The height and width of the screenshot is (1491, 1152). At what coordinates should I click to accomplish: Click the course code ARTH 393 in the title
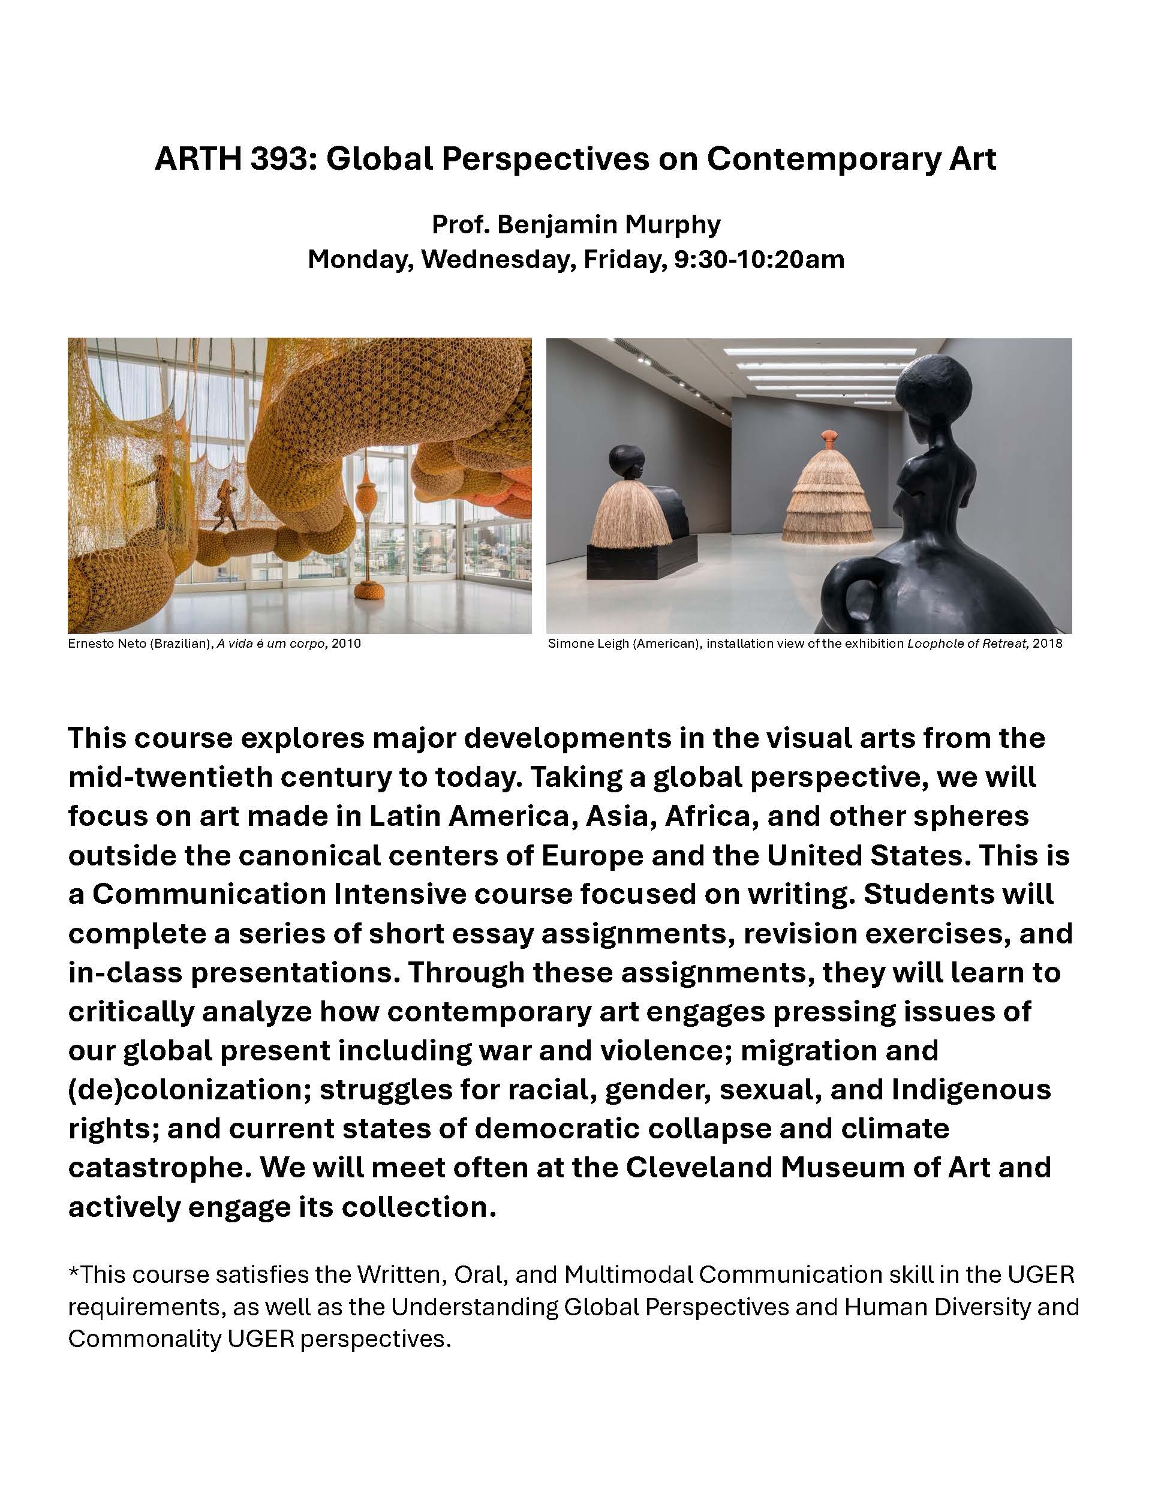231,159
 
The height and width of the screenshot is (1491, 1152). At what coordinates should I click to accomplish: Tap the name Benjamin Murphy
608,224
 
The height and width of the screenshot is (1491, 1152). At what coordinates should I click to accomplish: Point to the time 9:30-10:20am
759,260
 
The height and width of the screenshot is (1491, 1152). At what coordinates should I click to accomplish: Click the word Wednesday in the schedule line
495,260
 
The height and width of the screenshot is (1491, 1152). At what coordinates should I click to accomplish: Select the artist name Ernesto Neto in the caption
104,643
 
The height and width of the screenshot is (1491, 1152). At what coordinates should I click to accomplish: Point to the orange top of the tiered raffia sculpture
827,437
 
